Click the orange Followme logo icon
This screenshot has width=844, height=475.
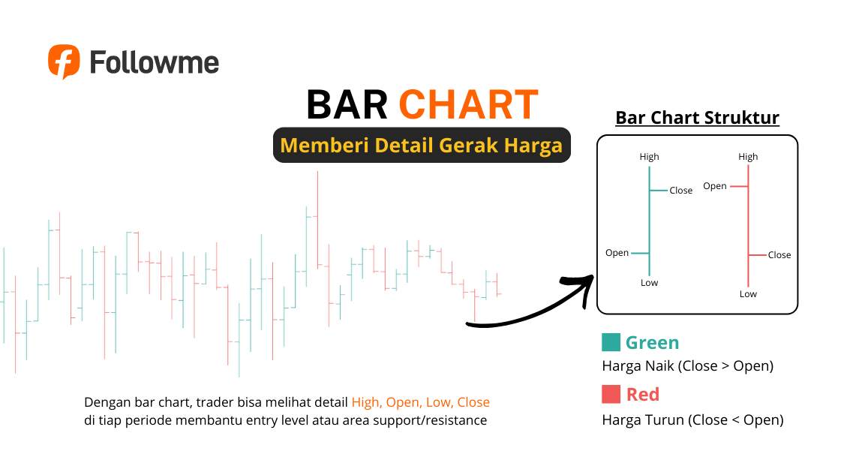click(64, 61)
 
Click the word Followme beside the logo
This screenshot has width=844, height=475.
click(154, 62)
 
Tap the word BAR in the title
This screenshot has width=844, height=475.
click(347, 105)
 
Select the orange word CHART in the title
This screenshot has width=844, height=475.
click(468, 105)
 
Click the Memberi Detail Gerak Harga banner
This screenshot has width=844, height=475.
click(421, 145)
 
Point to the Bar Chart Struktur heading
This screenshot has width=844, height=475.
click(697, 118)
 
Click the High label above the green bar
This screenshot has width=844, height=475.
click(649, 157)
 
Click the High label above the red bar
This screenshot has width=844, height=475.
click(748, 157)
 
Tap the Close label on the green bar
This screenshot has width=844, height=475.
click(680, 191)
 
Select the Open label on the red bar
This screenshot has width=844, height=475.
click(715, 186)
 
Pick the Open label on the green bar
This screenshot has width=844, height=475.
click(617, 253)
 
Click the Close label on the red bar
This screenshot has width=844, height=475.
click(779, 255)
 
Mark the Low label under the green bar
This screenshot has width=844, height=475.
click(649, 283)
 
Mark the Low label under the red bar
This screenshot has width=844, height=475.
click(748, 294)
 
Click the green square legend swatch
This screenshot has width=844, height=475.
click(611, 343)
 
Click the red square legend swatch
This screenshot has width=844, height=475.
click(611, 394)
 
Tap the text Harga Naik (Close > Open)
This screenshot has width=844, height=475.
click(687, 366)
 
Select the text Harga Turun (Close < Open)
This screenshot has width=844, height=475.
click(692, 420)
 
